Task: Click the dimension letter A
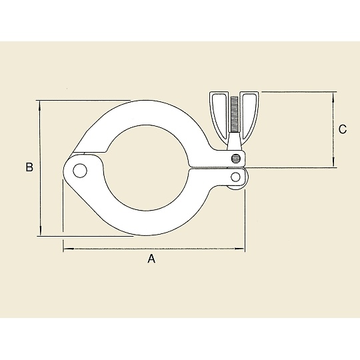(x=151, y=259)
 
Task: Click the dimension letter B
(x=29, y=167)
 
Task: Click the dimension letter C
(x=343, y=129)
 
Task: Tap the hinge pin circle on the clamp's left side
(x=80, y=171)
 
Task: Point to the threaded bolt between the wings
(x=234, y=114)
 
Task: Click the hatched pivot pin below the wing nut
(x=236, y=158)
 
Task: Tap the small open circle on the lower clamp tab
(x=235, y=177)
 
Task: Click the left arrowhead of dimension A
(x=69, y=249)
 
